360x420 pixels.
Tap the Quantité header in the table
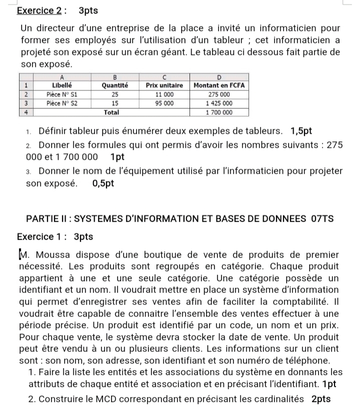[x=115, y=85]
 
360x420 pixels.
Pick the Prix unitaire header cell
[x=164, y=85]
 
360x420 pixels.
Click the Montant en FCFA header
[x=219, y=85]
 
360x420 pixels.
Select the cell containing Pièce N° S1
[x=62, y=94]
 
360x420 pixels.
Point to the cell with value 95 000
[x=164, y=103]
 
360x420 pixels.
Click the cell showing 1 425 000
[x=219, y=103]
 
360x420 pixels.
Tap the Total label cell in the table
[x=111, y=112]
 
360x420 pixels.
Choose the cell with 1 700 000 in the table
[x=219, y=112]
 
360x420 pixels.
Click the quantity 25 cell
[x=115, y=94]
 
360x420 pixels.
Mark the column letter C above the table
[x=164, y=77]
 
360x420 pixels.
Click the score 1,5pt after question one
[x=301, y=131]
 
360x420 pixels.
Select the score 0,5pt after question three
[x=103, y=183]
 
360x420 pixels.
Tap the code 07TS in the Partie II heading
[x=322, y=218]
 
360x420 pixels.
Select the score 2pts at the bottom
[x=320, y=399]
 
